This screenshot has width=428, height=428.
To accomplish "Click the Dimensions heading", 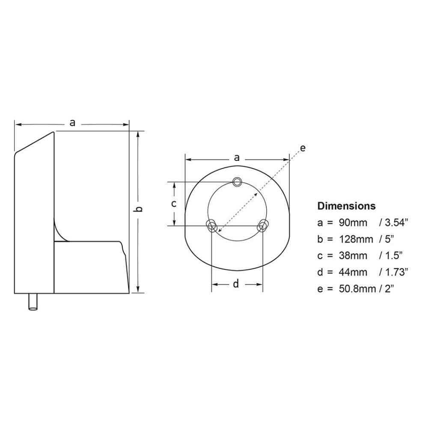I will coord(346,206).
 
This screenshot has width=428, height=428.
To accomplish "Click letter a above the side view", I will coord(72,123).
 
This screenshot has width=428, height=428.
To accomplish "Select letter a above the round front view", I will coord(237,158).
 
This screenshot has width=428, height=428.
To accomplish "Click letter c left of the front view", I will coord(173,203).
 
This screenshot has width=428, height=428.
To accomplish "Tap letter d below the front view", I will coord(236,284).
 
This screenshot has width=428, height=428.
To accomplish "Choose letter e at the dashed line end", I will coord(303,148).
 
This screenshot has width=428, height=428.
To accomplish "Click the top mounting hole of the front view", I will coord(237,181).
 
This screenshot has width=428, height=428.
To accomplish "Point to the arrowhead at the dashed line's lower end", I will coord(220,231).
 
